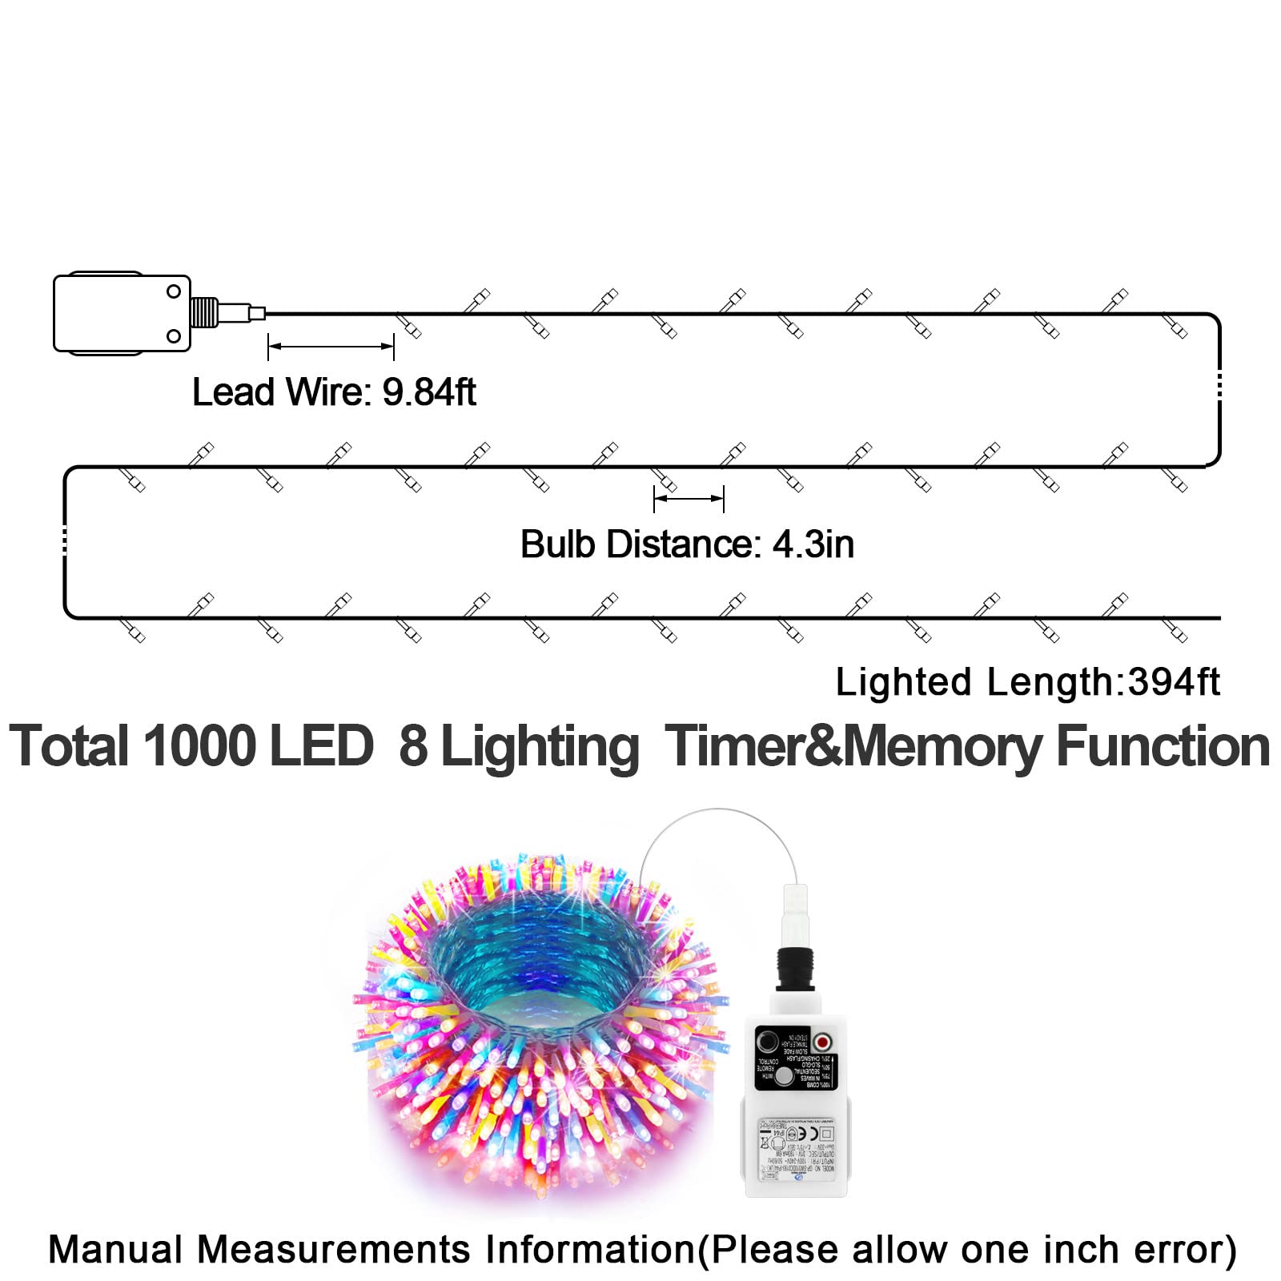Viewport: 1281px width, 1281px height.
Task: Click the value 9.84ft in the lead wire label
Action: click(429, 392)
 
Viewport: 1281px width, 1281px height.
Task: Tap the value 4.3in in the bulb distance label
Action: click(813, 545)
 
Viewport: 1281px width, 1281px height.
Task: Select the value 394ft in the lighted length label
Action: click(1173, 683)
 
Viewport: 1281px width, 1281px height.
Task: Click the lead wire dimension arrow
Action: click(331, 347)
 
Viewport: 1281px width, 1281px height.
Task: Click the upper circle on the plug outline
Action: click(174, 291)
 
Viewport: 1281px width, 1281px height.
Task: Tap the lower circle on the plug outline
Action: click(174, 336)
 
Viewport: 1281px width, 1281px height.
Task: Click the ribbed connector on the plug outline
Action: click(204, 312)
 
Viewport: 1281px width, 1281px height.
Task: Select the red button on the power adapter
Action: click(822, 1042)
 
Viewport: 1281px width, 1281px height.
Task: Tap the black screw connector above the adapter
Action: click(795, 970)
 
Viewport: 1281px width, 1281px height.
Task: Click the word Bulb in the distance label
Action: click(557, 545)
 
